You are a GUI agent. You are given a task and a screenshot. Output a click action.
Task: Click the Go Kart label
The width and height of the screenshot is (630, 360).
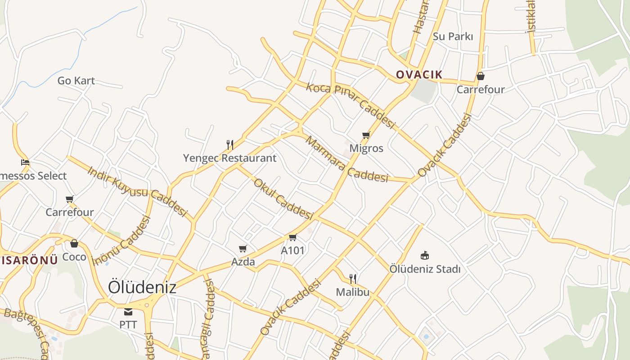click(x=76, y=81)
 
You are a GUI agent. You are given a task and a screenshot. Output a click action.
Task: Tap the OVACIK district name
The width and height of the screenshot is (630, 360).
click(x=419, y=75)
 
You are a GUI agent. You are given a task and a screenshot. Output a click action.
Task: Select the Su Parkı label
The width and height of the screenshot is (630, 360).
click(x=453, y=36)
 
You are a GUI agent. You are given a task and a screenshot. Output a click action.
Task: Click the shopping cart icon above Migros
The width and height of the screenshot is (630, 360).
click(x=366, y=135)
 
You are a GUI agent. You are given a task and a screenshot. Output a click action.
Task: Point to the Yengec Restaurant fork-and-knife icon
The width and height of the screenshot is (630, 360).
click(x=229, y=144)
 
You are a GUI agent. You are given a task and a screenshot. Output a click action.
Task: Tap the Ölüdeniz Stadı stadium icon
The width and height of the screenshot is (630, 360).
click(x=424, y=256)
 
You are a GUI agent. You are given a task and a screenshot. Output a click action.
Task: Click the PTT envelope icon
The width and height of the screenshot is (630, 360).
click(x=128, y=311)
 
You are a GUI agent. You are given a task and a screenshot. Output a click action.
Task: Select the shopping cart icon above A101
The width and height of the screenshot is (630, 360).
click(x=292, y=237)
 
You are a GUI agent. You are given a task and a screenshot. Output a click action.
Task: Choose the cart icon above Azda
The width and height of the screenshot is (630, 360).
click(x=243, y=248)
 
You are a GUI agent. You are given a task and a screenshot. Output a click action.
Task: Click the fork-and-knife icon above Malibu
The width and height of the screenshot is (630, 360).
click(x=353, y=279)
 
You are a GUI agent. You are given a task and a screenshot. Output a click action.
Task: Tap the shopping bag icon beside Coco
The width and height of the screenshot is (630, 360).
click(x=74, y=244)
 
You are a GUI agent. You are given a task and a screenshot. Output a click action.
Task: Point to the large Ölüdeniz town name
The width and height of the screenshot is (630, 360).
click(x=142, y=287)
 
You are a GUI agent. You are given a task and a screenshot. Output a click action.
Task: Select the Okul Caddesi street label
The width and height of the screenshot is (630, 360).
click(x=283, y=198)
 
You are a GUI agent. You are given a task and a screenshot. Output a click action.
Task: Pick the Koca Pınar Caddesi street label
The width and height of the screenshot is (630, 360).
click(x=350, y=105)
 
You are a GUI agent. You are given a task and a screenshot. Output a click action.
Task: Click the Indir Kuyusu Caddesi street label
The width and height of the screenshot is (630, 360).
click(x=137, y=191)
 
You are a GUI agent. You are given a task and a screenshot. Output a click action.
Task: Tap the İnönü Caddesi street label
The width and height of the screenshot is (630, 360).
click(x=121, y=241)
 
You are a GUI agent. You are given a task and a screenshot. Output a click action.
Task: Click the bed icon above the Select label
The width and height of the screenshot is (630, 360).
click(x=25, y=162)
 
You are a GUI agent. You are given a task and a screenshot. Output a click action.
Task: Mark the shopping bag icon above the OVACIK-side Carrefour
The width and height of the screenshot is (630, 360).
click(x=481, y=76)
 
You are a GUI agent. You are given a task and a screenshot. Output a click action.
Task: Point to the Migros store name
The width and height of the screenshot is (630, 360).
click(x=366, y=148)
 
